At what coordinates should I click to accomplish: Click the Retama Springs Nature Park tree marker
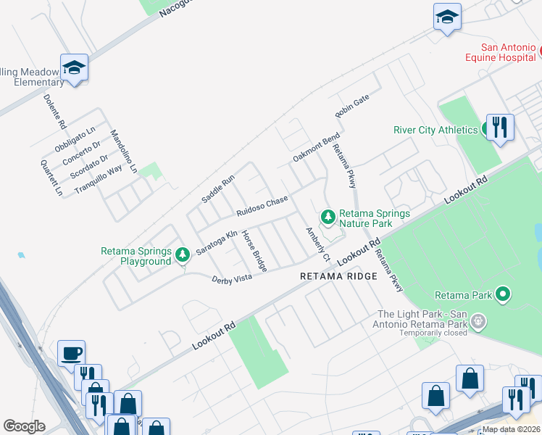(328, 217)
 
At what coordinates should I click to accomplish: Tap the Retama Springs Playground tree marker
(183, 254)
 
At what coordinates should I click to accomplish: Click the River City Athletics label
(435, 130)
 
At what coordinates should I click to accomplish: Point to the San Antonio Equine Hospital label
(499, 54)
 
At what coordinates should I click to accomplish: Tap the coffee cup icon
(71, 353)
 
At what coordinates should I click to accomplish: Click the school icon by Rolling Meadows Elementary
(74, 67)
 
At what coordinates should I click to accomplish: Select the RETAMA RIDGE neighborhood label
(339, 276)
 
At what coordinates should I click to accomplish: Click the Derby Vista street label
(231, 279)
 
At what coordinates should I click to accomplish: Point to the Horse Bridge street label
(254, 251)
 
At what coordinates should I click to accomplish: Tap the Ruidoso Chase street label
(262, 205)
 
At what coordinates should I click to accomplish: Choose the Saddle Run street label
(218, 188)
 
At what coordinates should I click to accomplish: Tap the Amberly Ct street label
(317, 245)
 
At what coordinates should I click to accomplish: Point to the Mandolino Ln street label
(123, 152)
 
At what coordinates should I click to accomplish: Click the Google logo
(24, 426)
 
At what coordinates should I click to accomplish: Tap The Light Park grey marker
(478, 320)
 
